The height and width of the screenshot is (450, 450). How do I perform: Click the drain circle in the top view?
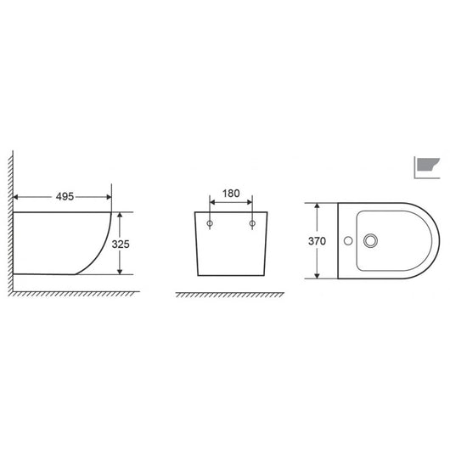369,242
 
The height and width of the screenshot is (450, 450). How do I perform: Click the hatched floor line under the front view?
229,295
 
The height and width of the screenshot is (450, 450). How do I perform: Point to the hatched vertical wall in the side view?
10,221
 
